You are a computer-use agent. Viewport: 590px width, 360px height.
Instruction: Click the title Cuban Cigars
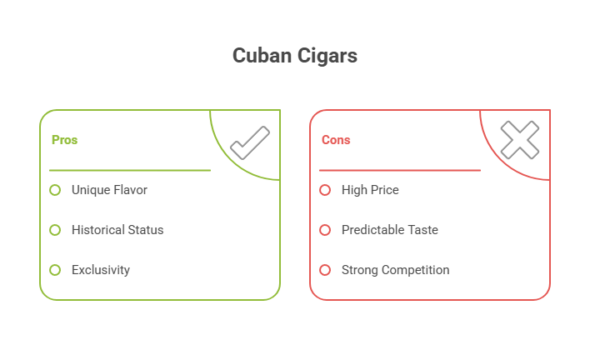[x=294, y=56]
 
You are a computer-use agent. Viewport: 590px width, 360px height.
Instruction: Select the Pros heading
[x=64, y=140]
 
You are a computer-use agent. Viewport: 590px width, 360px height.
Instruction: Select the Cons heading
[x=336, y=140]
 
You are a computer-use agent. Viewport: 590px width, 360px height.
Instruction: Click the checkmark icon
[x=249, y=142]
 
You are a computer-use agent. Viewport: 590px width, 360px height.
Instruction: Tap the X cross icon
[x=519, y=141]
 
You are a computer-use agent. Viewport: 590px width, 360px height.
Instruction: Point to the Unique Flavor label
[x=109, y=190]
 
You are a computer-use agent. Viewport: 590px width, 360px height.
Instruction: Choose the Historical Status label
[x=117, y=230]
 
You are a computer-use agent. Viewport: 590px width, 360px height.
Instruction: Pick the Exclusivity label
[x=101, y=270]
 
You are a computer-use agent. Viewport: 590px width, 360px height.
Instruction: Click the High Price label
[x=370, y=190]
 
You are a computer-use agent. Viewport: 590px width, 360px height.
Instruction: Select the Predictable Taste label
[x=389, y=230]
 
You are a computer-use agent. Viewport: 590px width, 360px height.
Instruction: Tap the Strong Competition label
[x=395, y=270]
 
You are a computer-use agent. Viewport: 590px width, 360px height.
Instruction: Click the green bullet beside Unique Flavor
[x=55, y=190]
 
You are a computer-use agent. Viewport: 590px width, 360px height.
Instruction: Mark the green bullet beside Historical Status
[x=55, y=230]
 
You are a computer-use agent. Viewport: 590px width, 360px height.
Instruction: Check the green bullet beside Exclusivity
[x=55, y=270]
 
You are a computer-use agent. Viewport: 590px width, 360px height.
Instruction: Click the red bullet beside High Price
[x=325, y=190]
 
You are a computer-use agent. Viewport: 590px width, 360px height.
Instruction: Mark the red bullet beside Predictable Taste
[x=325, y=230]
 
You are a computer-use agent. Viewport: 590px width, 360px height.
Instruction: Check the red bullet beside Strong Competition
[x=325, y=270]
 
